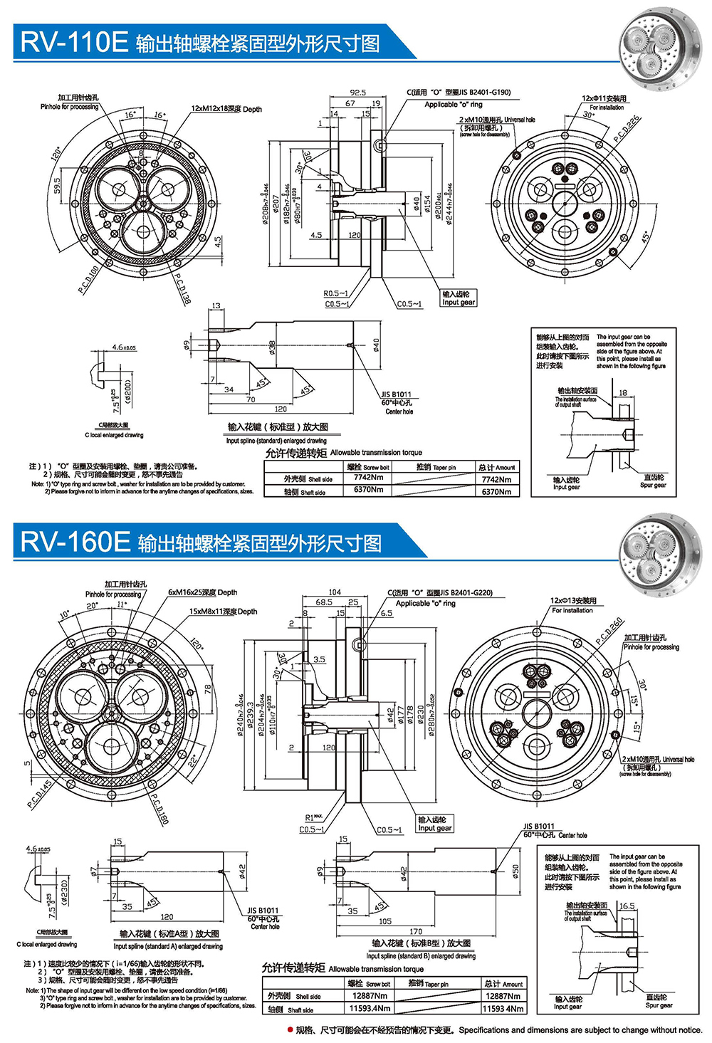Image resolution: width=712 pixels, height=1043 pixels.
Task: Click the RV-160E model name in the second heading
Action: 74,542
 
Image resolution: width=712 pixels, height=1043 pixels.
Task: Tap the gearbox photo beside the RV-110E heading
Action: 658,46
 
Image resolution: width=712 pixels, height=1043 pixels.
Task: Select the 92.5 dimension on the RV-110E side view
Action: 357,93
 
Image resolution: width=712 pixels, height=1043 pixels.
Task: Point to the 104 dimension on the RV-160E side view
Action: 335,592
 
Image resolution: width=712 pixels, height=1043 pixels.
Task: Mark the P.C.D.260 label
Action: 609,631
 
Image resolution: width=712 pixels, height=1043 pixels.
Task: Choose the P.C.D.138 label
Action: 183,289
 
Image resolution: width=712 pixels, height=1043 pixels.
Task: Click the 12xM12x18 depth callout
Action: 226,110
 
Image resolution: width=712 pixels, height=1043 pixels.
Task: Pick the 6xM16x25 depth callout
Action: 203,592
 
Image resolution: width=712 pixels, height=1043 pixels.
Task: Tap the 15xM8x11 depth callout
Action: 223,612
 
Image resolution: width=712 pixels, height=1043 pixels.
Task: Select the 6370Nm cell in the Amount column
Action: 496,492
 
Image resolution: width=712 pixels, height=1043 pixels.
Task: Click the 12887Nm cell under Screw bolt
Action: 370,996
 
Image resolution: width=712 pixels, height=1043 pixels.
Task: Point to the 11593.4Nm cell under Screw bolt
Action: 370,1008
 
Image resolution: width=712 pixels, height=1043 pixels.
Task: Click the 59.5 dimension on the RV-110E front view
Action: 57,186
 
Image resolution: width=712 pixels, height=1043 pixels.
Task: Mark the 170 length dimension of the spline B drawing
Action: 416,931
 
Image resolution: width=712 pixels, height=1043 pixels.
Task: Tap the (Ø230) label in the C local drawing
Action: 65,891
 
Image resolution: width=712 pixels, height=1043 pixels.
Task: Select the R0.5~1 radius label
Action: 335,293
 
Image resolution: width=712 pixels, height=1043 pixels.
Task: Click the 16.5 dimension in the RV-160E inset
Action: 627,906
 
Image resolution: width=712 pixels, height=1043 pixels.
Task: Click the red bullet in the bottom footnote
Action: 290,1030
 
